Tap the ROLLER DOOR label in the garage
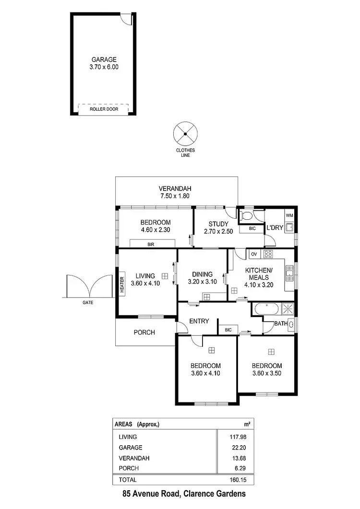104,109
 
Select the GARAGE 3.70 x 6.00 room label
104,63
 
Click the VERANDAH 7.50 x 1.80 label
176,192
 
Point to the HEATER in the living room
122,286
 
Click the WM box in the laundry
289,215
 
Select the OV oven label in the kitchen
254,254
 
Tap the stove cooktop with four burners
268,254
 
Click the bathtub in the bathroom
265,309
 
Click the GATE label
87,303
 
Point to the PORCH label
144,332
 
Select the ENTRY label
199,321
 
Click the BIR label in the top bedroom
151,244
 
